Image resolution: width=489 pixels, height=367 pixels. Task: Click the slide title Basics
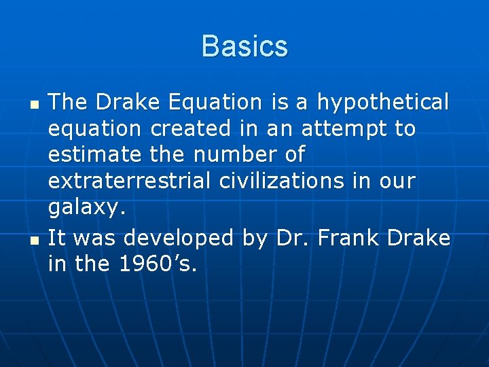(244, 47)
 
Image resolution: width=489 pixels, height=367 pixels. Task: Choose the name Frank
(345, 238)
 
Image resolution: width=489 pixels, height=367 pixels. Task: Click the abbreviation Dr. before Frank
(290, 238)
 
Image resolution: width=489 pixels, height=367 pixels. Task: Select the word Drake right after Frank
(418, 238)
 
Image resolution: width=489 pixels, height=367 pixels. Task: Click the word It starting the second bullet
(57, 238)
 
